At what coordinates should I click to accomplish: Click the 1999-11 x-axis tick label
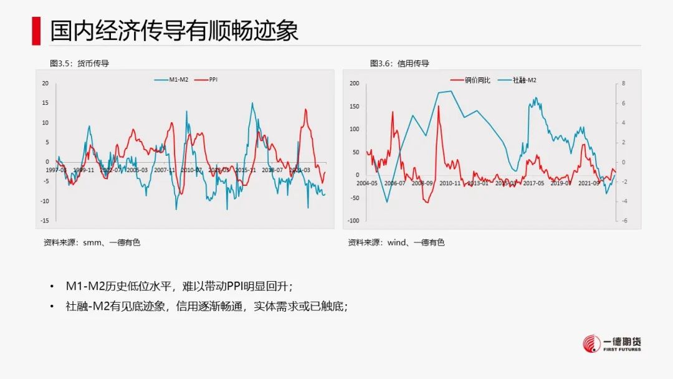84,170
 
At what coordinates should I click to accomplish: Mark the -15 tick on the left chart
44,221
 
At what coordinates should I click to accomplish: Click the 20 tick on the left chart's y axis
45,83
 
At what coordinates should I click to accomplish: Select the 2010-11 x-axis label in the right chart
450,183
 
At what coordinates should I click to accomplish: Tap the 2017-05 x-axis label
534,183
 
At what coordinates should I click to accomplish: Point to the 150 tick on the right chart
355,107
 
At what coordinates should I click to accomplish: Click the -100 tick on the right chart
353,221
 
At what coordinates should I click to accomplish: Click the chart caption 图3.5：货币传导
75,64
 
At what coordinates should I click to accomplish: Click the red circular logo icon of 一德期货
591,343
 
